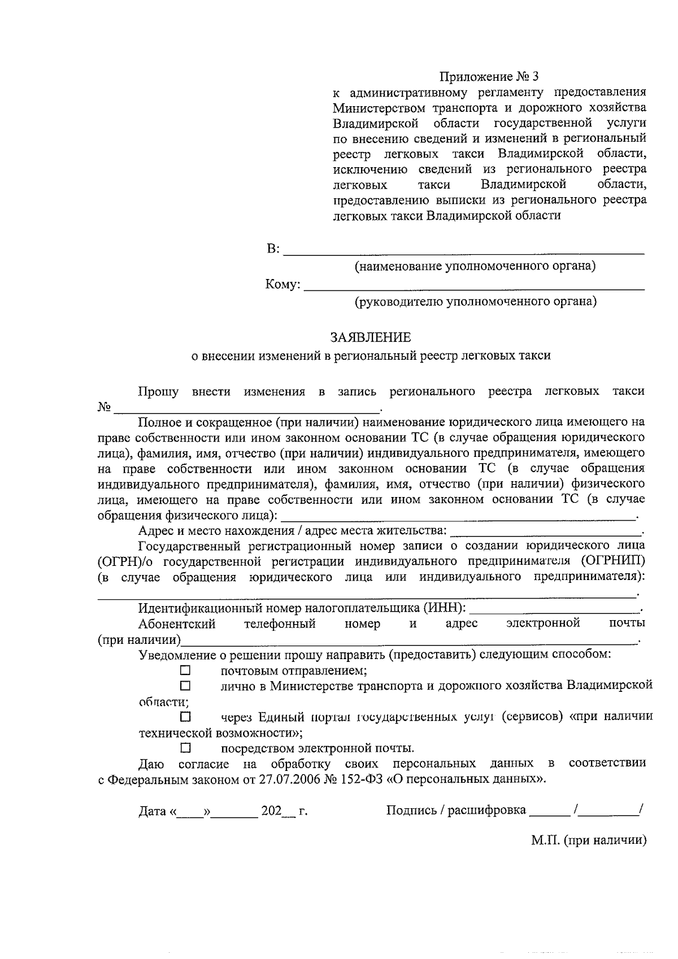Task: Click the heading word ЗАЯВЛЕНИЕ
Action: click(x=371, y=338)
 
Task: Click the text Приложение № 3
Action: click(x=490, y=76)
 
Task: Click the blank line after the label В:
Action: click(x=463, y=251)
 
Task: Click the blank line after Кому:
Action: click(x=473, y=286)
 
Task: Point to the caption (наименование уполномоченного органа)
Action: click(x=475, y=266)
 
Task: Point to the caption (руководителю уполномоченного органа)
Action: click(x=475, y=302)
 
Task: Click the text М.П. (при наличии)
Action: click(x=588, y=840)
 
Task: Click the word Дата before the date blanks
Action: click(x=152, y=812)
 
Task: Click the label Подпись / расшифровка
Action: click(x=456, y=811)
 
